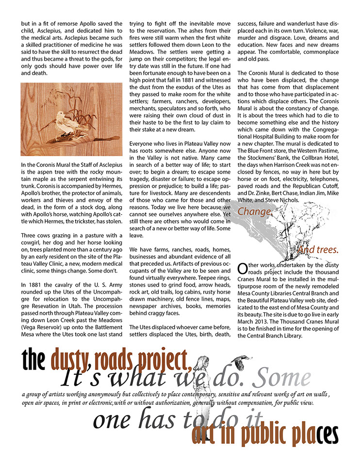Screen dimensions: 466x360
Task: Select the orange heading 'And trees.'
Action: point(318,250)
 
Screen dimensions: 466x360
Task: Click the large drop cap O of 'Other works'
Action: point(242,270)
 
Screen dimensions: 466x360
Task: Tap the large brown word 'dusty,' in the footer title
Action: point(71,360)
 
